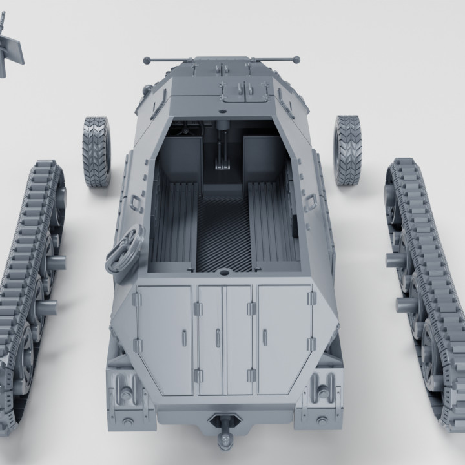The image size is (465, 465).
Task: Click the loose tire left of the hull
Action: point(96,152)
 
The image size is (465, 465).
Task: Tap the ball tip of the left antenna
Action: point(147,61)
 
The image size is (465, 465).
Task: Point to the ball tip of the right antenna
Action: point(297,60)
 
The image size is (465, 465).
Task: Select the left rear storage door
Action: point(164,339)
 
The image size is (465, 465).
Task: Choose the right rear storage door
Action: point(284,339)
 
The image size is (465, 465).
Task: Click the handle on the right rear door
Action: point(265,336)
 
